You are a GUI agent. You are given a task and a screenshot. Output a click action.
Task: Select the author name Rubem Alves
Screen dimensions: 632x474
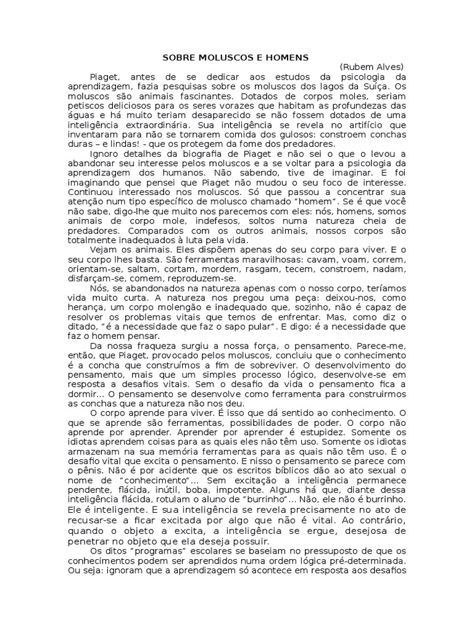click(372, 67)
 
